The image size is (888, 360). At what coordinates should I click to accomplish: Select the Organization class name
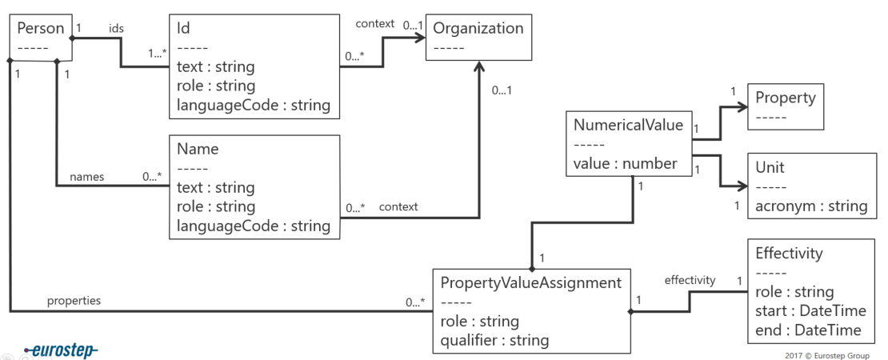coord(478,29)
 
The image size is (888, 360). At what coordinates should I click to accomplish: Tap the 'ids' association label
coord(117,27)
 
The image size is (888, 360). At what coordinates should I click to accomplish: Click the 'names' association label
coord(86,177)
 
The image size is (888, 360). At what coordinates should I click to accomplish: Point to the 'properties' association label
coord(74,301)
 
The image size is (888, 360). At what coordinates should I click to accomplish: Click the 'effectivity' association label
coord(690,279)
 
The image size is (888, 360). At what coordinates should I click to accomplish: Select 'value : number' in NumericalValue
coord(626,164)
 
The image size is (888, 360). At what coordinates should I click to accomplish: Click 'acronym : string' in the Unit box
coord(811,206)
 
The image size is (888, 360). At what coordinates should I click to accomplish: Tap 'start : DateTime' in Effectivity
coord(810,310)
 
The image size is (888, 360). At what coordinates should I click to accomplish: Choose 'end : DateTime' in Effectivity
coord(808,330)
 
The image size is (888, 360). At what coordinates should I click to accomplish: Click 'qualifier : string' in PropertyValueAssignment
coord(494,340)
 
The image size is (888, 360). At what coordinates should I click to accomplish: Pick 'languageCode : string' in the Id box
coord(253,105)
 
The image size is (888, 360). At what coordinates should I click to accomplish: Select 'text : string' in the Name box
coord(215,187)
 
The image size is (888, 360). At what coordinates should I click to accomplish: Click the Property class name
coord(785,98)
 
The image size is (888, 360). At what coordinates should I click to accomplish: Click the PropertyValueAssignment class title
coord(530,282)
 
